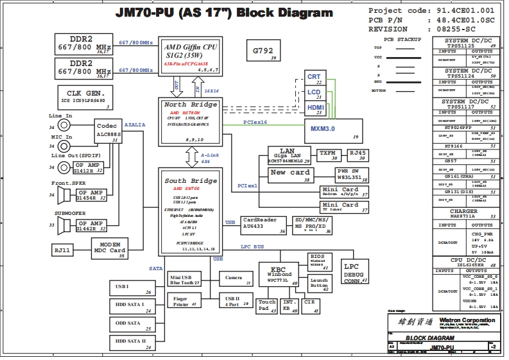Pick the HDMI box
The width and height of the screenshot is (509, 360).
coord(315,108)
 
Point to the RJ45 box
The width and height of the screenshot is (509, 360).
coord(357,155)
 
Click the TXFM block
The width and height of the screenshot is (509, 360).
coord(328,155)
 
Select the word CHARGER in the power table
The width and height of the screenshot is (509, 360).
coord(463,211)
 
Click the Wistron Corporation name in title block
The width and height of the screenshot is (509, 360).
coord(467,320)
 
